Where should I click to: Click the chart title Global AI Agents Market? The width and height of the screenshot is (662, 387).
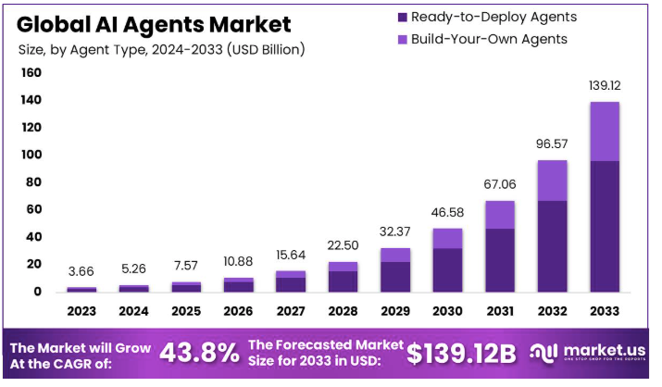pyautogui.click(x=154, y=24)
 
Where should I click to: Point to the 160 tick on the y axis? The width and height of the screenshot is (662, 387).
pyautogui.click(x=31, y=72)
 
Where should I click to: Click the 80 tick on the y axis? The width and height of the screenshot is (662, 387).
pyautogui.click(x=32, y=181)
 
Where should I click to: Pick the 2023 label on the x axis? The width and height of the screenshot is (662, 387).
pyautogui.click(x=81, y=311)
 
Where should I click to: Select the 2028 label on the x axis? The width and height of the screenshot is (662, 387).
pyautogui.click(x=343, y=311)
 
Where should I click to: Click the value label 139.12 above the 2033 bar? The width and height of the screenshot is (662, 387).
pyautogui.click(x=605, y=84)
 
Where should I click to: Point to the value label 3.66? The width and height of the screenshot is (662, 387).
pyautogui.click(x=81, y=271)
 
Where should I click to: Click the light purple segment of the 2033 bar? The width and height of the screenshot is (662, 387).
pyautogui.click(x=605, y=131)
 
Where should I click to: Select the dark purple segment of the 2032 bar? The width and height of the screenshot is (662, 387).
pyautogui.click(x=552, y=245)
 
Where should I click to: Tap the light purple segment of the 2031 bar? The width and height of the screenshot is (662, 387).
pyautogui.click(x=500, y=214)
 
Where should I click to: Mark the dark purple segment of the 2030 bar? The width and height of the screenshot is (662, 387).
pyautogui.click(x=447, y=269)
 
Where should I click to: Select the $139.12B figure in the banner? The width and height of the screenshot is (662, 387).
pyautogui.click(x=460, y=352)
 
